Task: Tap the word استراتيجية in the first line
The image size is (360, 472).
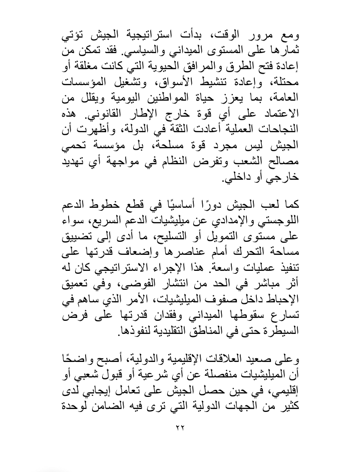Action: [167, 37]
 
